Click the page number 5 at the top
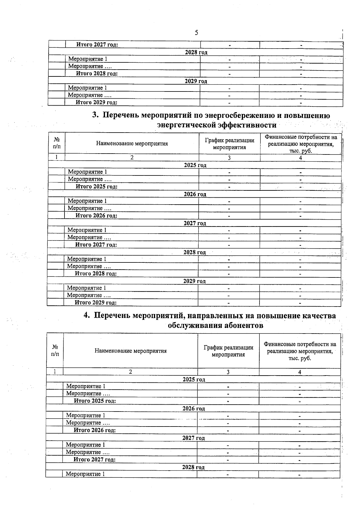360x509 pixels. tap(196, 33)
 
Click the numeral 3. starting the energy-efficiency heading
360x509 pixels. tap(95, 115)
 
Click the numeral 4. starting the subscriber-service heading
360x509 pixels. tap(87, 316)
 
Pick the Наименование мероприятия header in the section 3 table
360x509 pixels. tap(132, 143)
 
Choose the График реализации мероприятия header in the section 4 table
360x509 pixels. tap(228, 351)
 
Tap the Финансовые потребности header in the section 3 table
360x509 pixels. tap(301, 144)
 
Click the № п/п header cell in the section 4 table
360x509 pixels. tap(55, 350)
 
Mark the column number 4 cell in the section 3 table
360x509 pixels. tap(300, 158)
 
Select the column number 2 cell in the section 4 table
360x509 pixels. tap(130, 372)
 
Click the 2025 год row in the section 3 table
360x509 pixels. tap(195, 165)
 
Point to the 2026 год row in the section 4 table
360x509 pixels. tap(193, 409)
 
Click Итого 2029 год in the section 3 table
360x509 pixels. tap(95, 303)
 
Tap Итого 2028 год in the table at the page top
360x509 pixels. tap(96, 73)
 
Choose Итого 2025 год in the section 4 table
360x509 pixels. tap(95, 401)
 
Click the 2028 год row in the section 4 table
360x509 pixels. tap(193, 467)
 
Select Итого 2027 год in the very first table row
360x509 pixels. tap(97, 45)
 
